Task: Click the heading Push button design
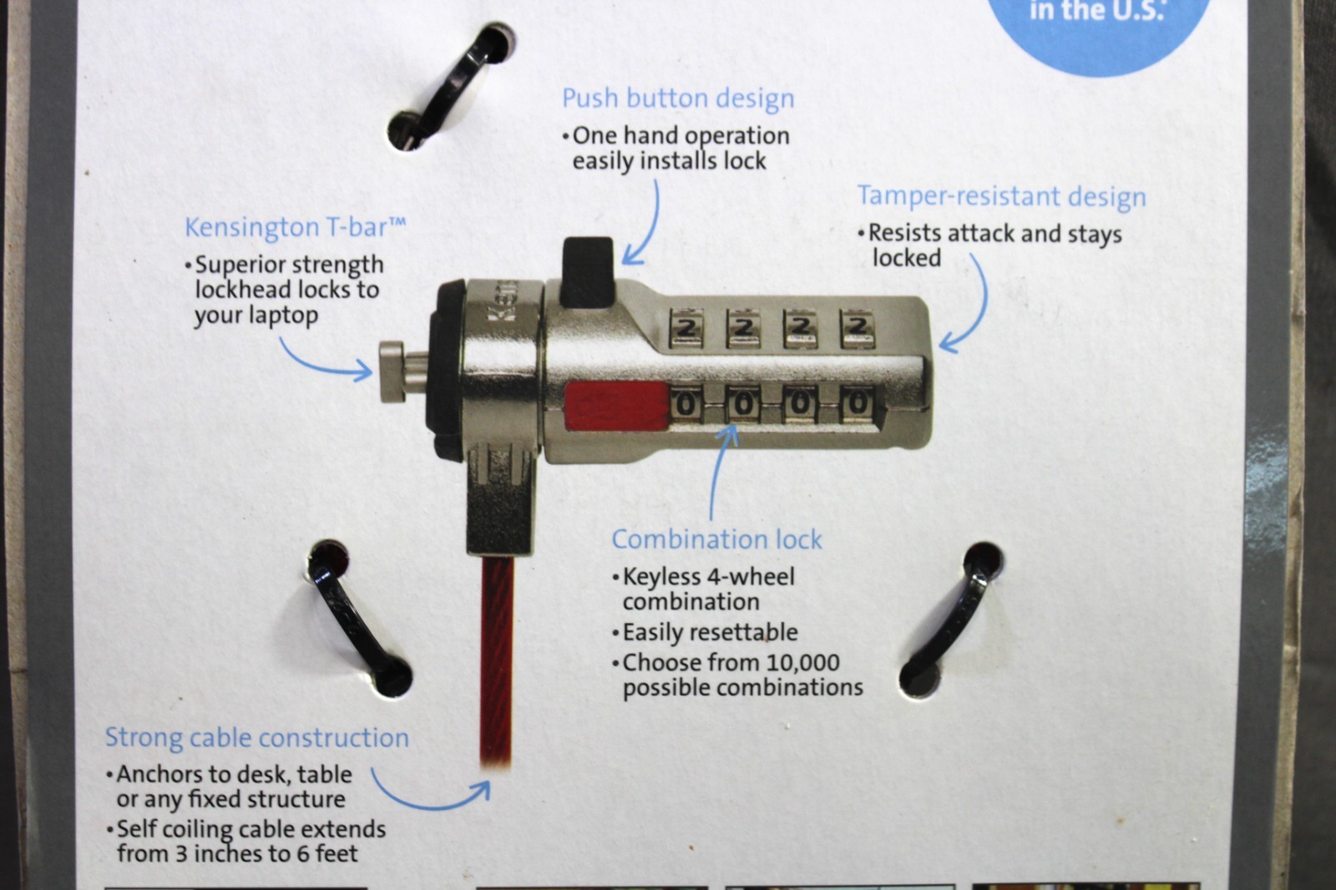677,99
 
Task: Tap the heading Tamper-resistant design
1001,196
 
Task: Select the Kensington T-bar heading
295,227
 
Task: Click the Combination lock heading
716,539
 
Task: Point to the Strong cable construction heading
256,738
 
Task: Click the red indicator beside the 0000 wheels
616,404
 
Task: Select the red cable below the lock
497,660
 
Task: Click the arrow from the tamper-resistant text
969,309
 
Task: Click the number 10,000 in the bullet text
802,663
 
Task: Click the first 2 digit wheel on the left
687,328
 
